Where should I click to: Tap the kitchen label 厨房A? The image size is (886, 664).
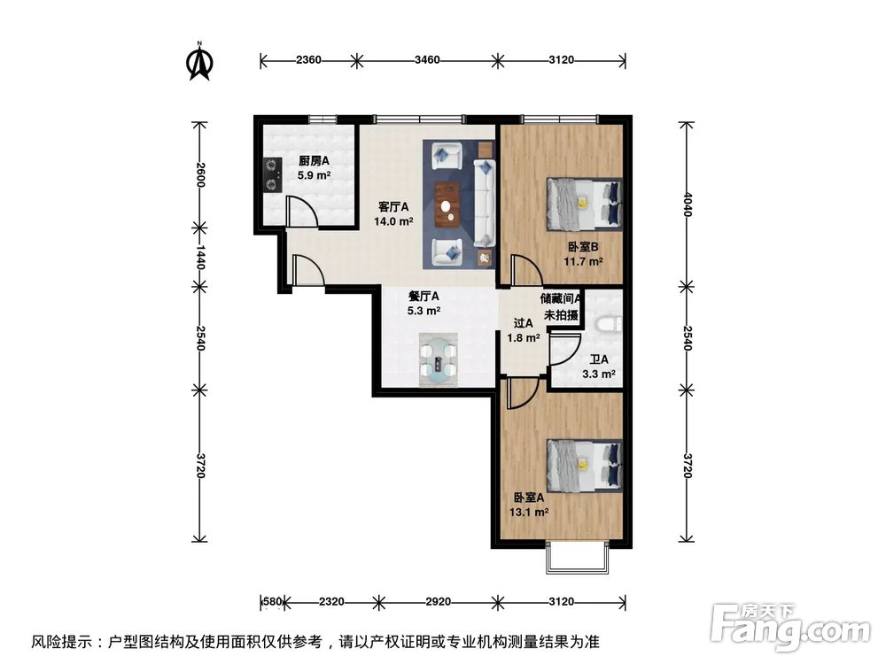coord(314,161)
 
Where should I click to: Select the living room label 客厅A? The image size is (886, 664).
coord(394,206)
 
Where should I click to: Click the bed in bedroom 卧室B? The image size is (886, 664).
coord(584,203)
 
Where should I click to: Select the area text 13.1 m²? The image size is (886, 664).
coord(531,512)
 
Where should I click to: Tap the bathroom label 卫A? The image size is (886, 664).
coord(599,359)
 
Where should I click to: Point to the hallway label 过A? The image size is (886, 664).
coord(524,323)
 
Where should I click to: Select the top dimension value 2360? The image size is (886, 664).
coord(308,60)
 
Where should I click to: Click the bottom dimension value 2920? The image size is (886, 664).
coord(438,602)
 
